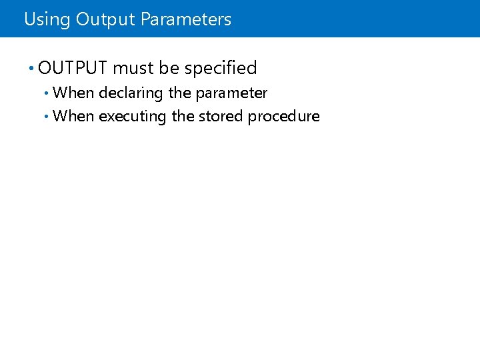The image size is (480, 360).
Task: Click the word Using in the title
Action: (47, 19)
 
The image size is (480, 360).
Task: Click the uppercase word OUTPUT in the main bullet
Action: (73, 68)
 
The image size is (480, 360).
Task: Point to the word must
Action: (133, 68)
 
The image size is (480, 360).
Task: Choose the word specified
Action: (221, 68)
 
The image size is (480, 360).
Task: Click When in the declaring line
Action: (73, 93)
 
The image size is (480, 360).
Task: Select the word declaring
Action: (131, 93)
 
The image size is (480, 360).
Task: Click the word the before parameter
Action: (180, 93)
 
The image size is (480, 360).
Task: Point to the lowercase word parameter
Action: (231, 93)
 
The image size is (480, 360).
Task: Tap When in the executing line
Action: (73, 116)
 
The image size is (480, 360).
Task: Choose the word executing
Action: (133, 117)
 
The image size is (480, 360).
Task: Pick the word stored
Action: (221, 116)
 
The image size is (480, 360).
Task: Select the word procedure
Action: (284, 117)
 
